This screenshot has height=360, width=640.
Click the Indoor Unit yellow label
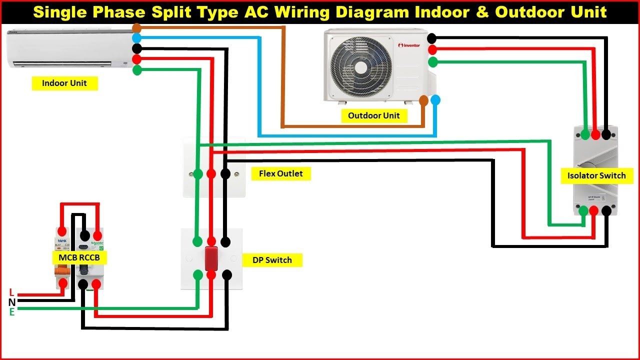(64, 83)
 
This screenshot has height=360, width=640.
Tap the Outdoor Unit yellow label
(374, 115)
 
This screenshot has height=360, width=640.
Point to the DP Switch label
(271, 260)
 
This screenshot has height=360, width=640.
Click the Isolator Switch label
(596, 175)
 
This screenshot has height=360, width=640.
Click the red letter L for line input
(12, 292)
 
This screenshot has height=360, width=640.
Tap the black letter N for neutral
(12, 302)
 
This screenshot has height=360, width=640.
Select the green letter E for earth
(12, 312)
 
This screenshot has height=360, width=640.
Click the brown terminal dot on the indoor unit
(136, 28)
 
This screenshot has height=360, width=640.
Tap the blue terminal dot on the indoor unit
(136, 38)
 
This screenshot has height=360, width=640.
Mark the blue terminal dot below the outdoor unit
(435, 100)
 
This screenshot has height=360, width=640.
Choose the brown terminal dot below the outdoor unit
(424, 100)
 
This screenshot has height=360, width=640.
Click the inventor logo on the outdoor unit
(409, 45)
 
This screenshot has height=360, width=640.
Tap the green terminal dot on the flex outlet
(198, 173)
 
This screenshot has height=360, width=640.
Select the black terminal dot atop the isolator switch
(606, 134)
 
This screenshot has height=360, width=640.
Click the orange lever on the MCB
(61, 270)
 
